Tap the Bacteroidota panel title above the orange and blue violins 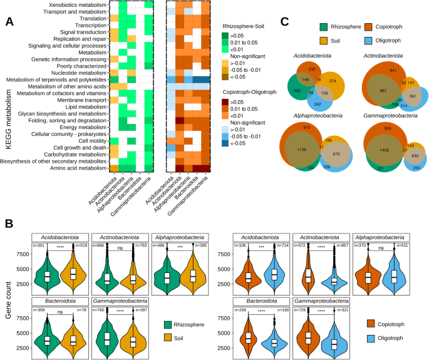click(254, 300)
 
